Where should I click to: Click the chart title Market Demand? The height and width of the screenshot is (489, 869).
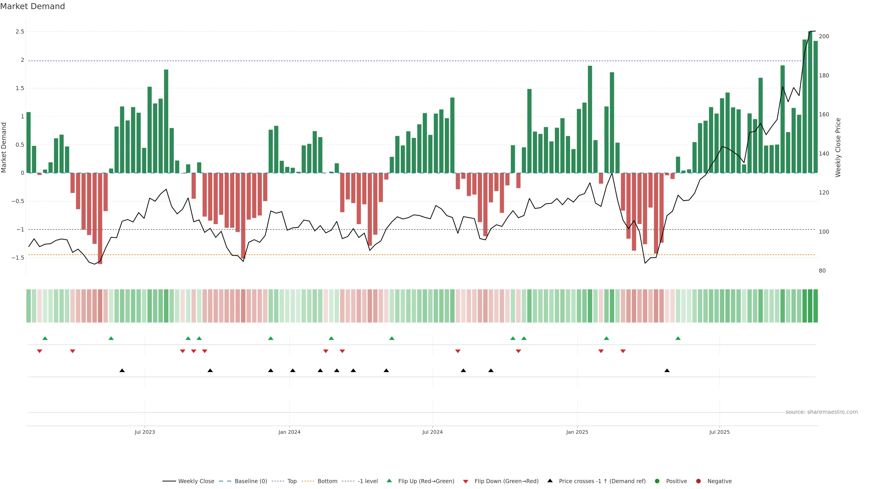(x=32, y=6)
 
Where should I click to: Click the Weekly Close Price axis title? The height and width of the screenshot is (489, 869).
(x=838, y=147)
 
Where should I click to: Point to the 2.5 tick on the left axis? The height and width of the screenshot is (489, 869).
(x=19, y=32)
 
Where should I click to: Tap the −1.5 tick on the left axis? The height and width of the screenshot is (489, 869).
(x=18, y=258)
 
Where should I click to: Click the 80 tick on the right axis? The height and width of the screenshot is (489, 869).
(x=822, y=271)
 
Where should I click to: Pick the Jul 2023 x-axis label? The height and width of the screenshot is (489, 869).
(x=145, y=432)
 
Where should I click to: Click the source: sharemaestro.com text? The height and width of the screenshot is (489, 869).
(x=821, y=412)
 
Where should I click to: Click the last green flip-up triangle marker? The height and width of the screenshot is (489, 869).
(x=678, y=338)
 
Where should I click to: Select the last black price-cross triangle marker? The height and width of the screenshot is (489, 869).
(x=667, y=371)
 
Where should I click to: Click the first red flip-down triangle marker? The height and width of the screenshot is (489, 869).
(x=39, y=351)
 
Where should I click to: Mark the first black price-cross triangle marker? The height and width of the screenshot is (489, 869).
(x=122, y=371)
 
